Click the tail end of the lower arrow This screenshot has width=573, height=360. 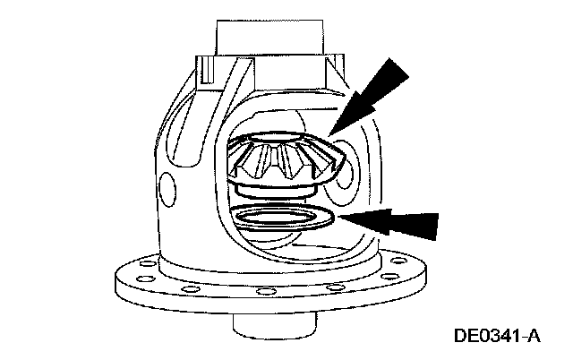click(436, 227)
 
